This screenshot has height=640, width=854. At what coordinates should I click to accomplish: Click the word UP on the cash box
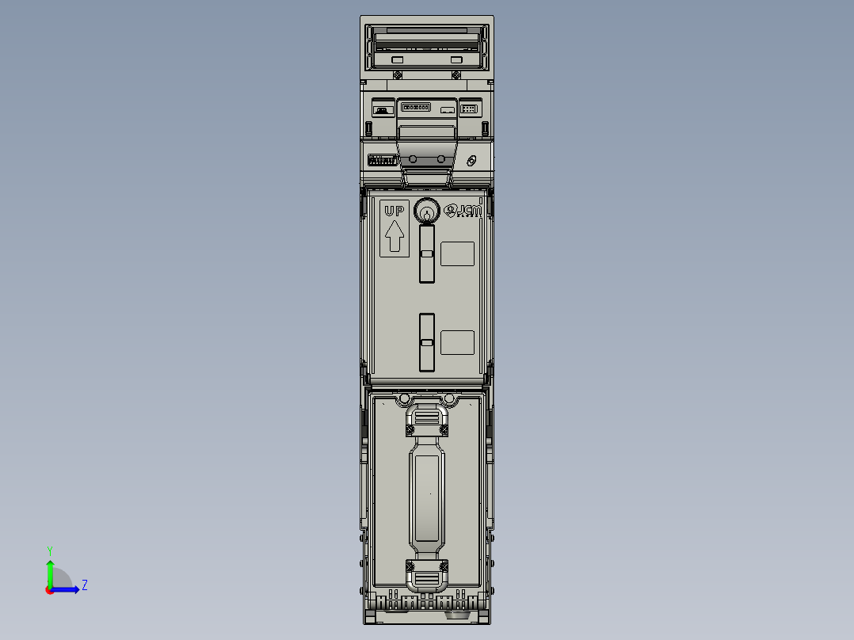[x=394, y=211]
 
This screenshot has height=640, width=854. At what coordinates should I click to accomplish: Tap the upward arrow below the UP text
[x=394, y=236]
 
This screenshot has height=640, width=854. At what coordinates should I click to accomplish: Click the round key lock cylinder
[x=427, y=211]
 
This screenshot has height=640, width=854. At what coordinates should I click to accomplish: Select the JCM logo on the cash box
[x=463, y=211]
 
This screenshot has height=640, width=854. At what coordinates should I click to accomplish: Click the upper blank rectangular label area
[x=457, y=254]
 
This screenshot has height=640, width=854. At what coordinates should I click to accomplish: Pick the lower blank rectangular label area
[x=457, y=343]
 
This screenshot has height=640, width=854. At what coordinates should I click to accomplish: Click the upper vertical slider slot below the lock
[x=427, y=253]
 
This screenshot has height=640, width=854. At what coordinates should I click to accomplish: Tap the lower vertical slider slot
[x=427, y=342]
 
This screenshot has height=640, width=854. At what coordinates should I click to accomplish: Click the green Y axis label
[x=49, y=550]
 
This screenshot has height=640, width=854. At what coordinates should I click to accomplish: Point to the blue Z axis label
[x=84, y=585]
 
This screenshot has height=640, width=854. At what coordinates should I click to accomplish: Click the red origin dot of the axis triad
[x=49, y=589]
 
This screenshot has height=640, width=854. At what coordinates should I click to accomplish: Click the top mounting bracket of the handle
[x=427, y=418]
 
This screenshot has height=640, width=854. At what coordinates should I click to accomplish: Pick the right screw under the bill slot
[x=456, y=74]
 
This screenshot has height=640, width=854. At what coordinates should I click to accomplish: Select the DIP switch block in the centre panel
[x=416, y=106]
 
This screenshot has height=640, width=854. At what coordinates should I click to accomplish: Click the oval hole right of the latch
[x=471, y=161]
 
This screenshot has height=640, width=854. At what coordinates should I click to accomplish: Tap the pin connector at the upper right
[x=469, y=109]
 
